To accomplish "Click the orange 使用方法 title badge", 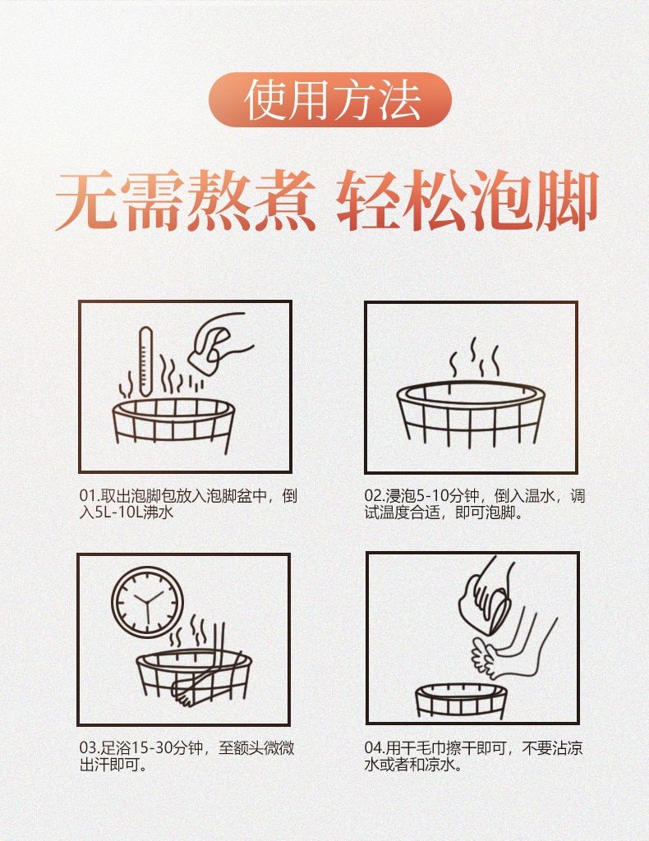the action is [x=330, y=99].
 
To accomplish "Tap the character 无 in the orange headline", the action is [x=87, y=200].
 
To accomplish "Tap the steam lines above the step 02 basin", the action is [x=475, y=358].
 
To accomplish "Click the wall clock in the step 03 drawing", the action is [x=148, y=602].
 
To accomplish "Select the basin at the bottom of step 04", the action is [x=461, y=700].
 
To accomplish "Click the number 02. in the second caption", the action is [x=375, y=496].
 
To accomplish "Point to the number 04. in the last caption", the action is [x=375, y=747].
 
